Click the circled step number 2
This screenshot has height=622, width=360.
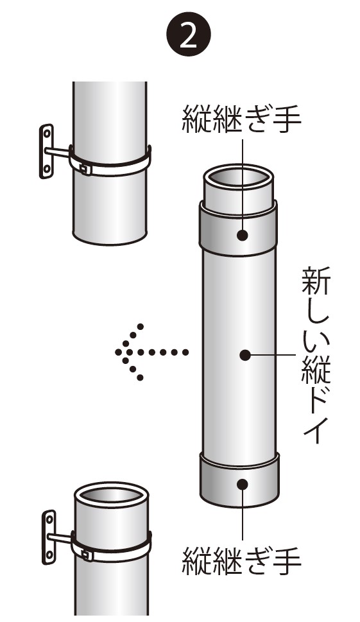(x=188, y=36)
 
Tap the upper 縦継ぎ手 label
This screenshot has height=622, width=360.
(x=242, y=118)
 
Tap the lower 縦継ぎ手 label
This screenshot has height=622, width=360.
(x=242, y=561)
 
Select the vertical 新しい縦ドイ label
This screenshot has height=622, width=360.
(x=316, y=355)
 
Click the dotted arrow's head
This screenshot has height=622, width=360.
(x=129, y=352)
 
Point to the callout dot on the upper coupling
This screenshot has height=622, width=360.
(x=243, y=235)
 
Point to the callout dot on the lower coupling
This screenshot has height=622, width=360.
(x=243, y=485)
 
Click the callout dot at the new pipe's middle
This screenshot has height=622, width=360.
(x=245, y=354)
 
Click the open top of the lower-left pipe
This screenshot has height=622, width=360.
(x=112, y=495)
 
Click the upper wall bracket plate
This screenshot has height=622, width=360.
(x=47, y=151)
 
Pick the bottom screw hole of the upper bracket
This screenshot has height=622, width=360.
(x=46, y=169)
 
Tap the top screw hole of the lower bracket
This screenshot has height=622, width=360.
(x=49, y=519)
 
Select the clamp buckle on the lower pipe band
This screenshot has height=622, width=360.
(x=87, y=554)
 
